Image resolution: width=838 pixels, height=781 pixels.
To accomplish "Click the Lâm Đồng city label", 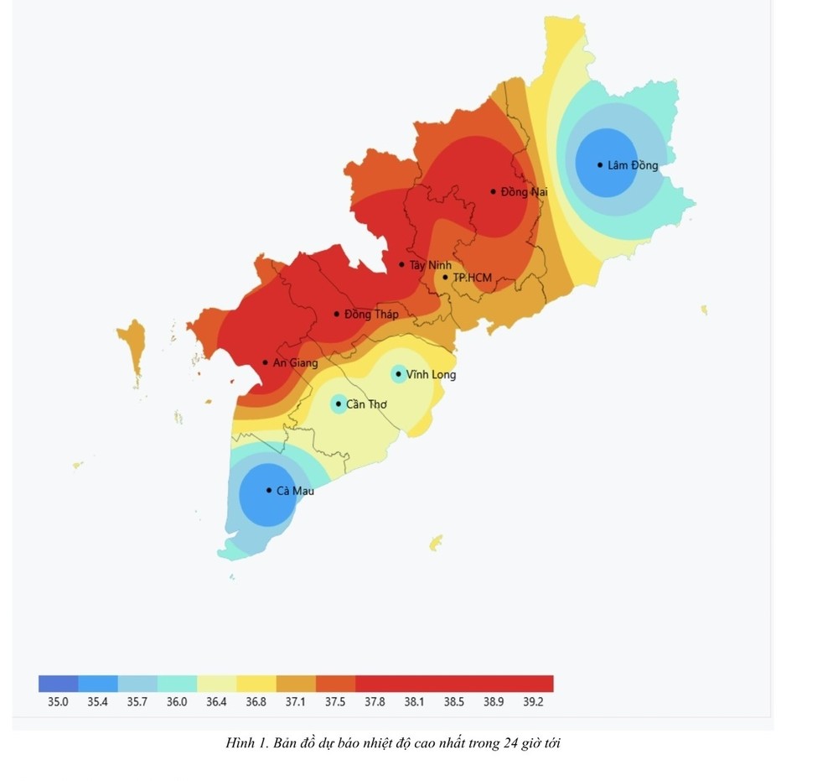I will click(633, 165).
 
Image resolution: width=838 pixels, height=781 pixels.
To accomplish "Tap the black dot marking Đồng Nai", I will click(494, 191).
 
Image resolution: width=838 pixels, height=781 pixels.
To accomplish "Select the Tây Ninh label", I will click(430, 265).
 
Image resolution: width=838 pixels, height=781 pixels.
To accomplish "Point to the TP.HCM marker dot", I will click(445, 277).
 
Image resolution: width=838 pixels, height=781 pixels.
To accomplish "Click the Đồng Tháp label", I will click(371, 315).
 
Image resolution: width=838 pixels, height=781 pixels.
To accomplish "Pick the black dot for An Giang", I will click(265, 362).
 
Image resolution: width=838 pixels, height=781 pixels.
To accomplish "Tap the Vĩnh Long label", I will click(431, 374).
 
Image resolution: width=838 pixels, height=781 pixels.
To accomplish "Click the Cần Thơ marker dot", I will click(339, 404).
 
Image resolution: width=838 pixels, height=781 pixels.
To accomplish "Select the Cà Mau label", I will click(295, 491).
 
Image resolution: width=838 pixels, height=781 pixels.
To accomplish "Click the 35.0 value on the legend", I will click(58, 702).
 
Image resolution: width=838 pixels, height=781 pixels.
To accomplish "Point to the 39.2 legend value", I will click(532, 702).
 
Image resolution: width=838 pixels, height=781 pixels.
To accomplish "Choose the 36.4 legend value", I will click(216, 702).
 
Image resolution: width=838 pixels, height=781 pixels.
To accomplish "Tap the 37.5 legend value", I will click(334, 702).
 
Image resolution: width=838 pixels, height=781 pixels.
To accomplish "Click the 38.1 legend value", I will click(414, 702).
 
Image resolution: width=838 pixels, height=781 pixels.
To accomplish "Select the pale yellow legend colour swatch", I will click(216, 683).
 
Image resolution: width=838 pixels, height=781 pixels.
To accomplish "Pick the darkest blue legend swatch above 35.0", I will click(58, 683).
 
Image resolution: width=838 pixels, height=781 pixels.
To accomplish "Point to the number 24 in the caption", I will click(513, 743).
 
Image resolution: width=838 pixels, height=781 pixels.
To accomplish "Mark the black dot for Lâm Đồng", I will click(600, 164).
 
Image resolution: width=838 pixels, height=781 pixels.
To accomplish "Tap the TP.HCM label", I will click(472, 278).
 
